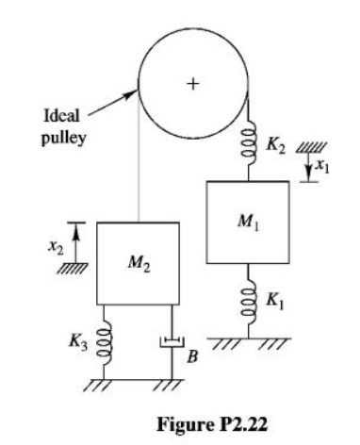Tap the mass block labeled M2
point(139,263)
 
